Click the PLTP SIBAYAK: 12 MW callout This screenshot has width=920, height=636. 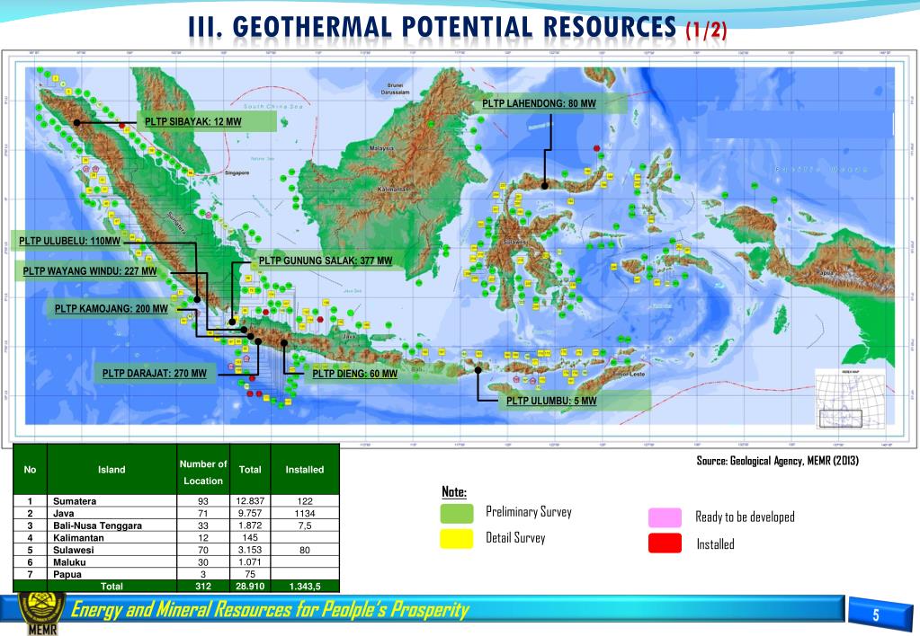click(x=192, y=121)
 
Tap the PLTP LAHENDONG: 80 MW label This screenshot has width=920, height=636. click(x=539, y=104)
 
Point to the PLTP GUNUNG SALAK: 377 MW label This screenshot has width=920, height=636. click(x=326, y=261)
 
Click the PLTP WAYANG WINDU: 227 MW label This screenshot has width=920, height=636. click(x=90, y=270)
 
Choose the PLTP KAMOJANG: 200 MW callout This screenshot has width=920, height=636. click(x=112, y=309)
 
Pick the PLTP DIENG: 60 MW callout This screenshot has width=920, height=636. click(x=355, y=374)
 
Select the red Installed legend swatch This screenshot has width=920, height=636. click(x=665, y=543)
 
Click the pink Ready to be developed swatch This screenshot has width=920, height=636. click(x=665, y=517)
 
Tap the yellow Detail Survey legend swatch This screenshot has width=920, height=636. click(x=457, y=538)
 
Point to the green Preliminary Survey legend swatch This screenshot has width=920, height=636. click(x=457, y=513)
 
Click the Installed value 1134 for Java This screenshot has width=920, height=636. click(x=305, y=513)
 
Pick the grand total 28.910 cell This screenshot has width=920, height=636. click(x=250, y=586)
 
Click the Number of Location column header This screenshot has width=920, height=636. click(x=203, y=472)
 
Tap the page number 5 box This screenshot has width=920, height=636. click(x=873, y=615)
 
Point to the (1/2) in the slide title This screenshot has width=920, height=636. click(x=706, y=31)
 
